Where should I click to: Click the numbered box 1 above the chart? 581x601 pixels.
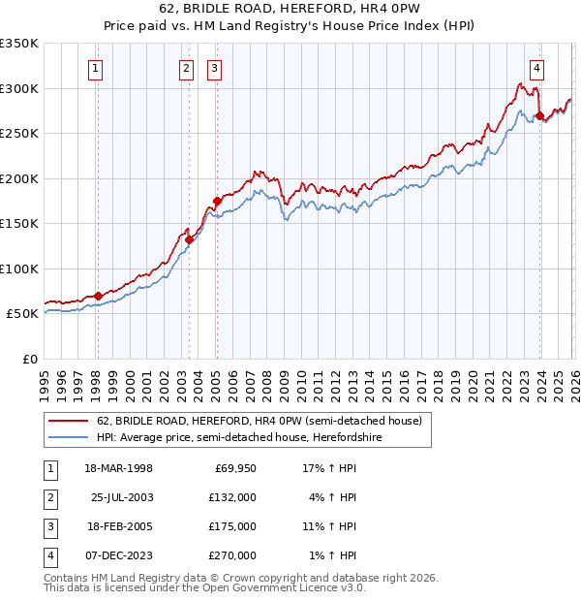pyautogui.click(x=97, y=68)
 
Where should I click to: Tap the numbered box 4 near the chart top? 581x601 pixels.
pyautogui.click(x=536, y=68)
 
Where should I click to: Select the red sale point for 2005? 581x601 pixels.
pyautogui.click(x=217, y=202)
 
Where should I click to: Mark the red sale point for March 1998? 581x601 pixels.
pyautogui.click(x=98, y=296)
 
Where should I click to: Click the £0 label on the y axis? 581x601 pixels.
pyautogui.click(x=30, y=359)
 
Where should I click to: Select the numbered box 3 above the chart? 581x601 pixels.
pyautogui.click(x=213, y=68)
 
